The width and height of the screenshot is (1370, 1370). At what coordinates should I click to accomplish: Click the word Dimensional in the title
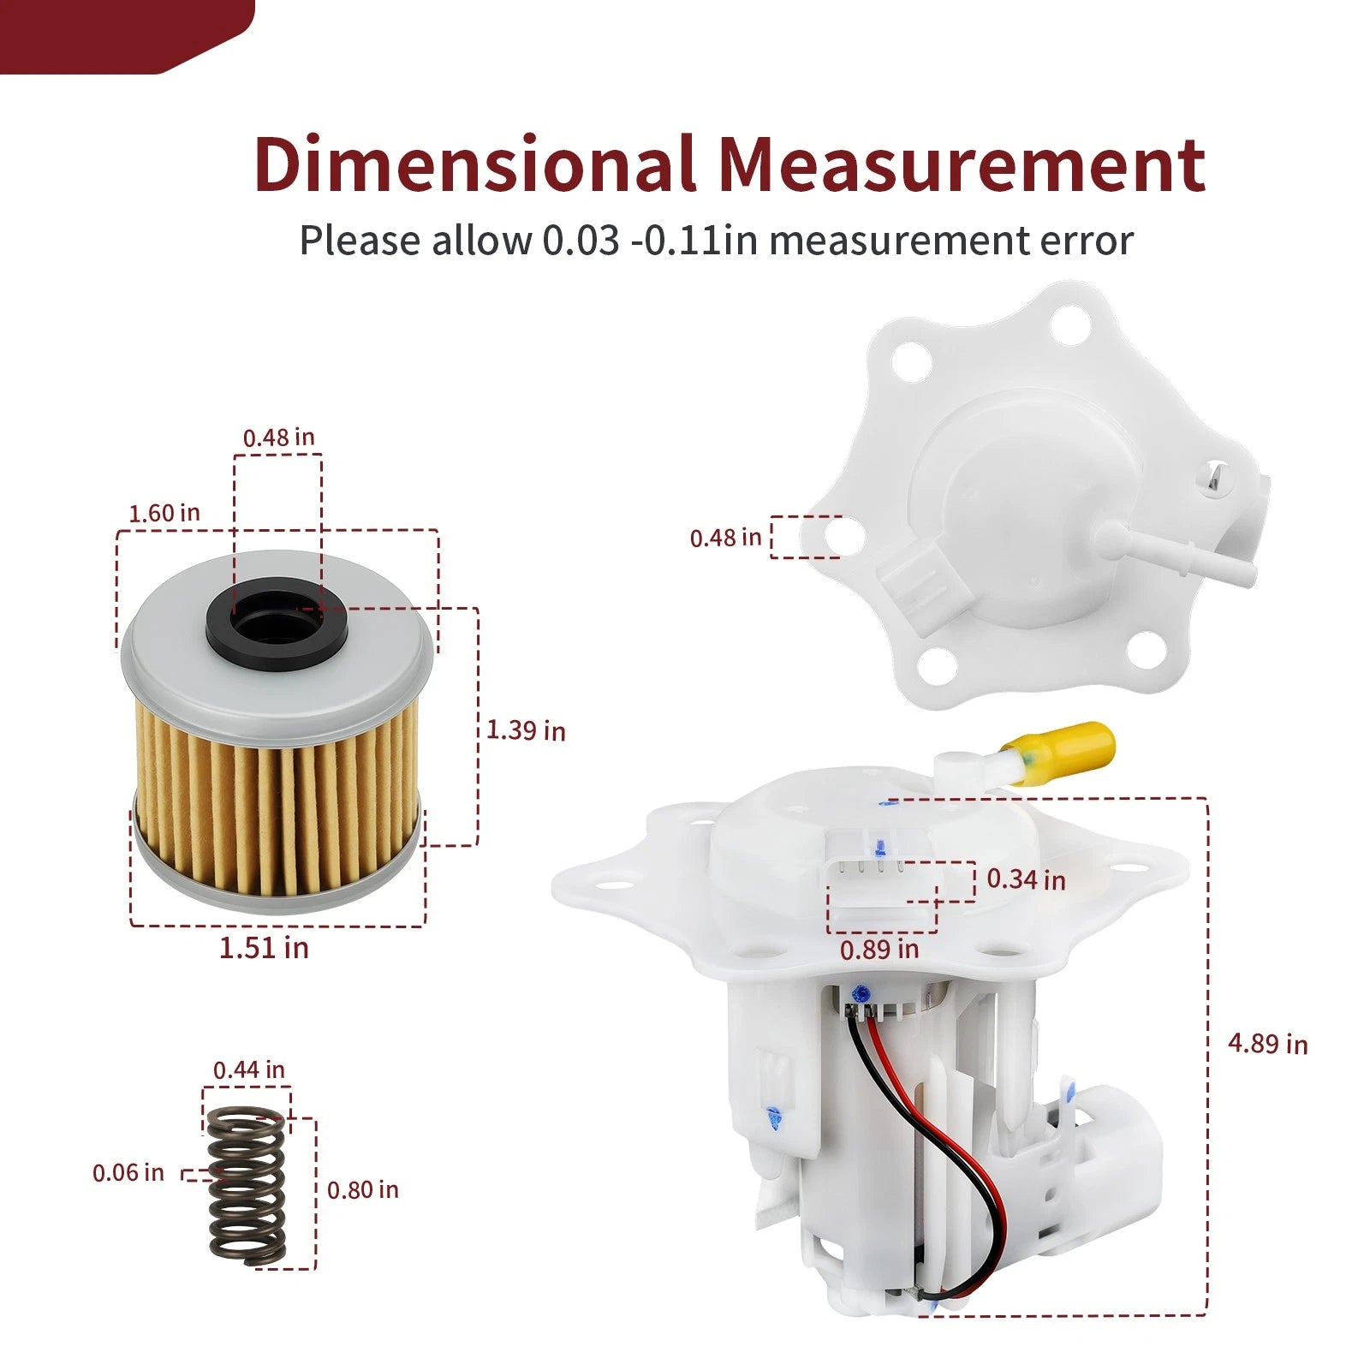coord(474,164)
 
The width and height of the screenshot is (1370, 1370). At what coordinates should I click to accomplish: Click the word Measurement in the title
coord(962,164)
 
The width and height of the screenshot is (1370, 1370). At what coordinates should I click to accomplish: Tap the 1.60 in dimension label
coord(164,513)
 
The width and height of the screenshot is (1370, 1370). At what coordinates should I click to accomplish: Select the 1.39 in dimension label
coord(526,730)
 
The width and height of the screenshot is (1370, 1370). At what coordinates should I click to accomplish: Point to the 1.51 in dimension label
coord(264,948)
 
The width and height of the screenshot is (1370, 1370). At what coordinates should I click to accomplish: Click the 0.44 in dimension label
coord(248,1069)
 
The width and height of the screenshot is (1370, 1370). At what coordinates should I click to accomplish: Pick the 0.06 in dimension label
coord(128,1172)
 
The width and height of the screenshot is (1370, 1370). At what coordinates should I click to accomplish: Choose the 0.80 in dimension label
coord(363,1189)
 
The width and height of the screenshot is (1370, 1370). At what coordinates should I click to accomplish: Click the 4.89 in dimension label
coord(1268,1044)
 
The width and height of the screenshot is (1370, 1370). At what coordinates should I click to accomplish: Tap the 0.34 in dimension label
coord(1026,879)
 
